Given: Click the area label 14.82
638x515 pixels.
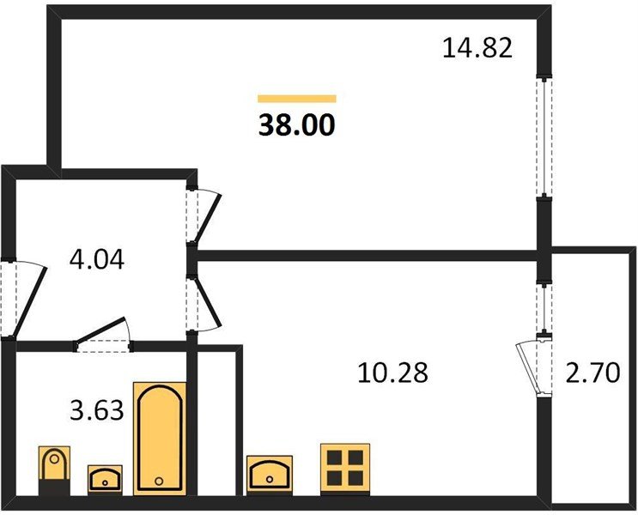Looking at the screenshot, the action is [x=477, y=48].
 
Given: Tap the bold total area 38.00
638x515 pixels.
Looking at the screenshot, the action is [x=297, y=124].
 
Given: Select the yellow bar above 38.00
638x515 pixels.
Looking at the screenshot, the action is [x=297, y=99].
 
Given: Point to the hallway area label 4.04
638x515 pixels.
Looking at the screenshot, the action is [x=97, y=259].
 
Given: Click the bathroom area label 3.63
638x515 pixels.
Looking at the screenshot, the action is [x=97, y=410].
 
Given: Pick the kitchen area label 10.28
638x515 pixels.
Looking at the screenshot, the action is [x=392, y=373].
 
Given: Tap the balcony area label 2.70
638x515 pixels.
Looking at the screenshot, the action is [x=592, y=373].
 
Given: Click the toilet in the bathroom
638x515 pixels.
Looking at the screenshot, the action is [x=54, y=470].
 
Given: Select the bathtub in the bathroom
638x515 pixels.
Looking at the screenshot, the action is [x=160, y=439].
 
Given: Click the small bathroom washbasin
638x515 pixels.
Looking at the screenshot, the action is [x=105, y=478].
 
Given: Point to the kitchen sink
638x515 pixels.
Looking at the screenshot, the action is [x=270, y=475].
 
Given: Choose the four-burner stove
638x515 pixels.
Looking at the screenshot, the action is [x=345, y=469].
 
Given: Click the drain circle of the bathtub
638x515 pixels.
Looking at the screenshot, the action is [x=159, y=482].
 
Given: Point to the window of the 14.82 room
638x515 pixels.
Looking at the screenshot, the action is [x=544, y=137].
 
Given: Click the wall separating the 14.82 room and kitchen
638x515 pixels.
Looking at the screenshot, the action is [x=366, y=256].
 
